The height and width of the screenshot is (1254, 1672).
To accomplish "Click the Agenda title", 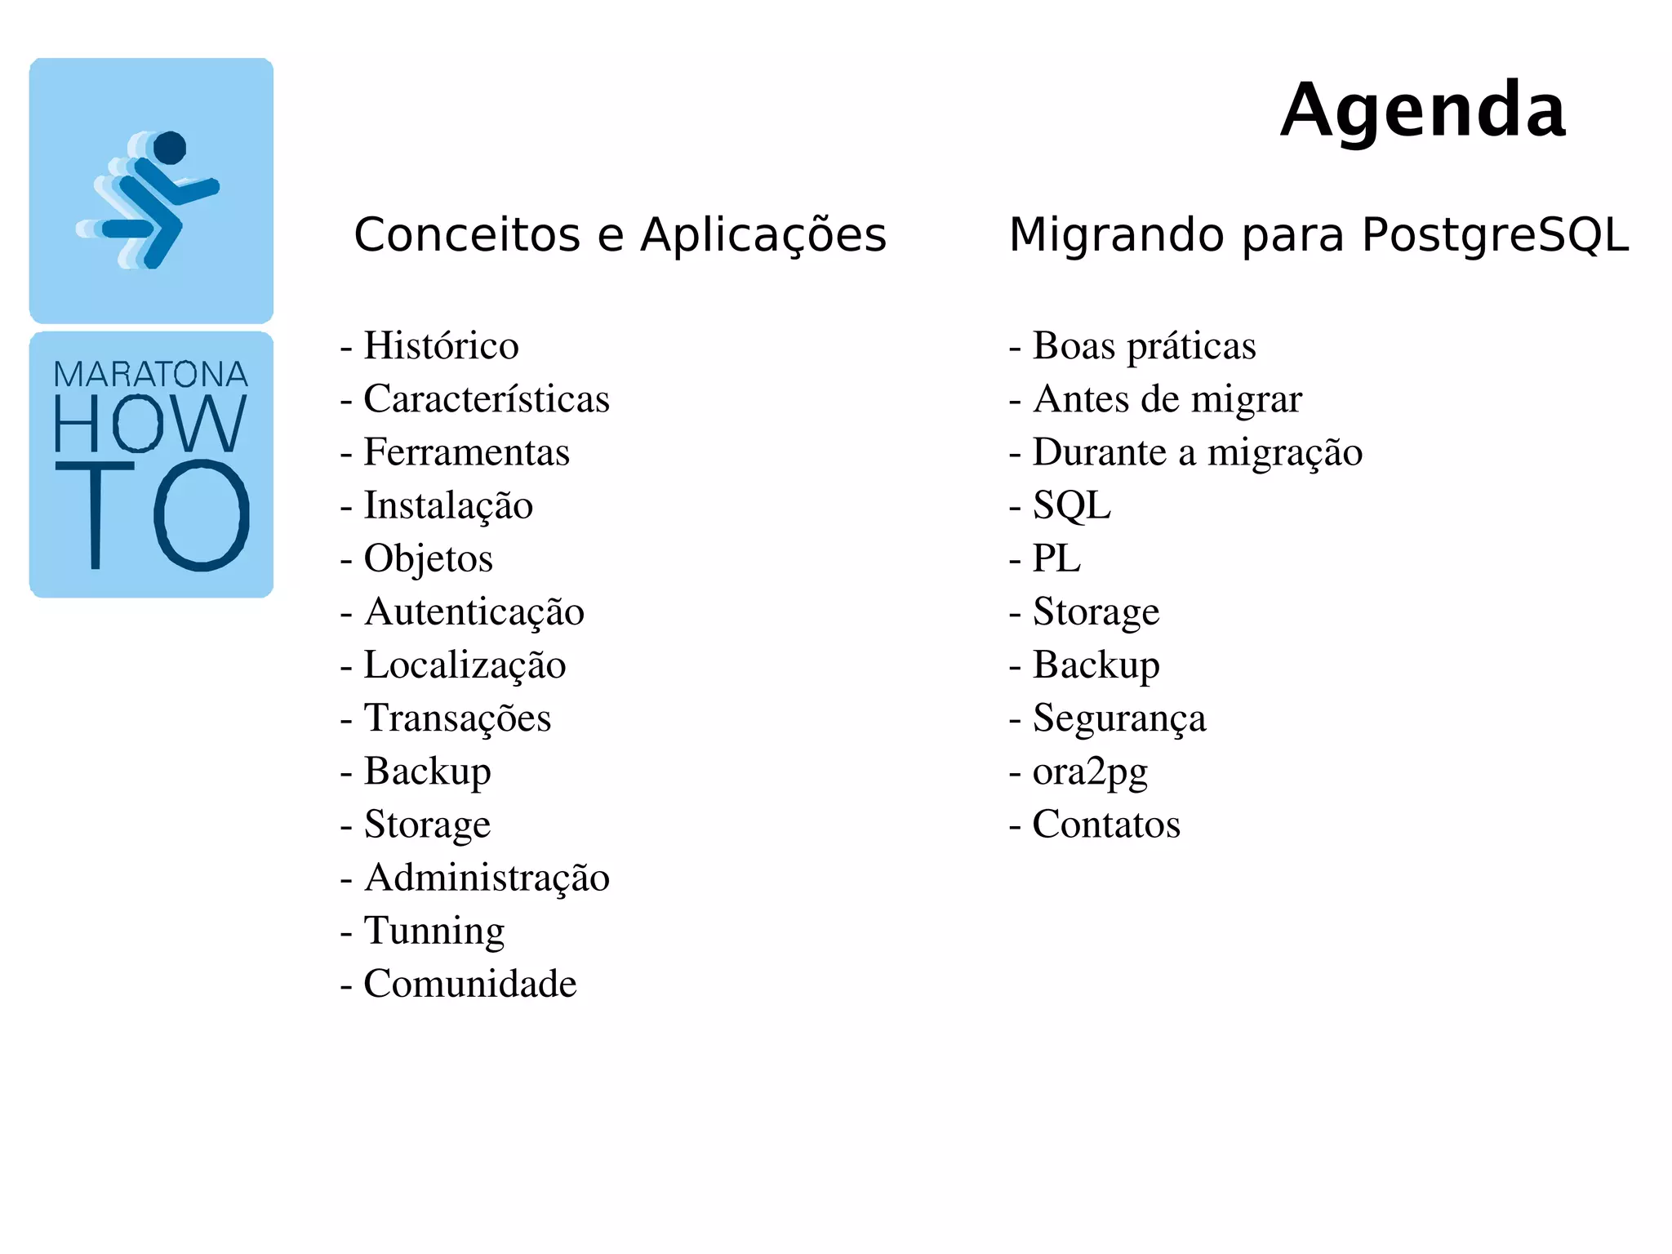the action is pos(1422,110).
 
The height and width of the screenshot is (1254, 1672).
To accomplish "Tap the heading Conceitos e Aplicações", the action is pos(620,235).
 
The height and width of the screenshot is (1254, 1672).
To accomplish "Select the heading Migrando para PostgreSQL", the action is pos(1318,235).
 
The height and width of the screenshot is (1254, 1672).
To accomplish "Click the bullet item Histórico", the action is pos(441,345).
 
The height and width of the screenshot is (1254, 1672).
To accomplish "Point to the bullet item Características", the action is pos(486,399).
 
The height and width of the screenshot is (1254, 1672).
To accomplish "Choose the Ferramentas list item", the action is pos(466,452).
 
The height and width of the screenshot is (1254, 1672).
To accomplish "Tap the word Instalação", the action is pos(448,505).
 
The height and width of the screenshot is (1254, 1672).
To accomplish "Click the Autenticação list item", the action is pos(474,611).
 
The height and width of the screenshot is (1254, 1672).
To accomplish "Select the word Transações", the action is pos(457,718).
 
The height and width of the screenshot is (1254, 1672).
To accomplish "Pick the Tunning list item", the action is pos(434,931).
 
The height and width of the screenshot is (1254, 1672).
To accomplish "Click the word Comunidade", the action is pos(469,984).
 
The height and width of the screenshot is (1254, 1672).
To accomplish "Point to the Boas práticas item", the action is pos(1144,345).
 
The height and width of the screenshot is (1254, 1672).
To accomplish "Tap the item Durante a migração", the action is pos(1197,452).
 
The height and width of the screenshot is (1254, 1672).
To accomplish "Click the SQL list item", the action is pos(1071,505).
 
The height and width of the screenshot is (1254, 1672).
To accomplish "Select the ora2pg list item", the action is pos(1090,772).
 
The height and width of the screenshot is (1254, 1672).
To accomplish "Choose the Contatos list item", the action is pos(1106,825).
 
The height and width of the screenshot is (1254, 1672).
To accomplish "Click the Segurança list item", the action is pos(1118,718).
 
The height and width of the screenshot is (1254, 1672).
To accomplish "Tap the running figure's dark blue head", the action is pos(170,148).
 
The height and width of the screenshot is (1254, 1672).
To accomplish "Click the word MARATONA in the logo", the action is pos(151,375).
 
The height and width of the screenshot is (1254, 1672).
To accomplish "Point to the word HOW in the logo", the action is pos(150,423).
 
